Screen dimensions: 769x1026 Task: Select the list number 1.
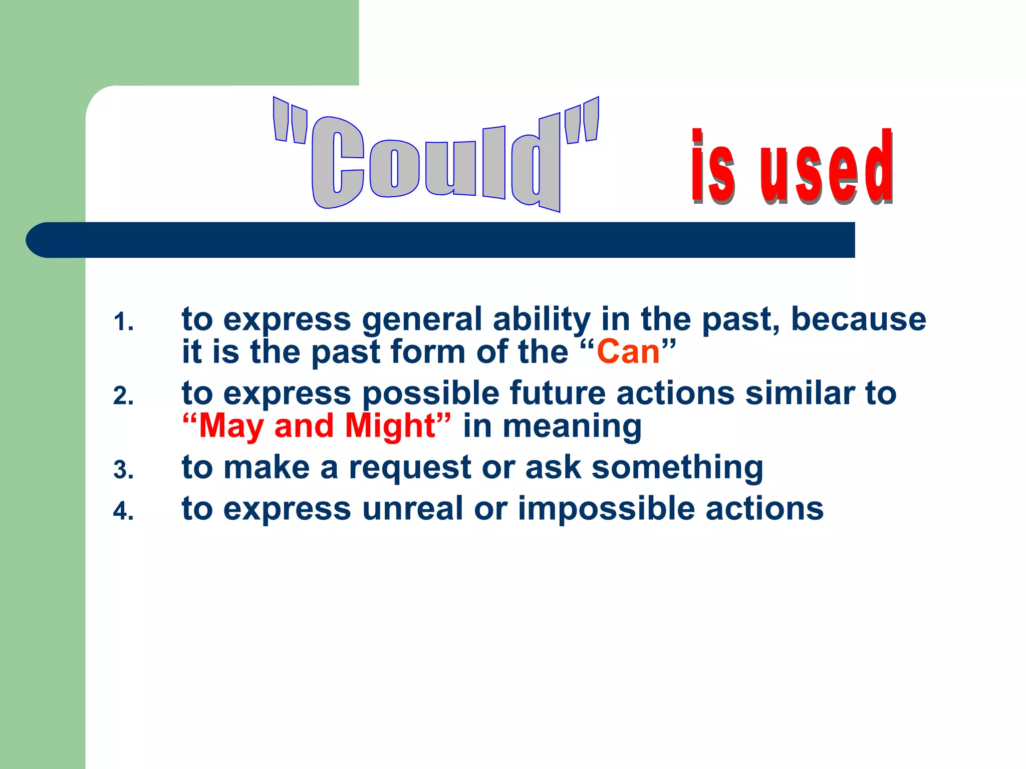pyautogui.click(x=123, y=322)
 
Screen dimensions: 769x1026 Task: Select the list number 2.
pyautogui.click(x=123, y=397)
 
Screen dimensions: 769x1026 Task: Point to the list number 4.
pyautogui.click(x=123, y=512)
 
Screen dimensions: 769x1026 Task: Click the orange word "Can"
pyautogui.click(x=628, y=351)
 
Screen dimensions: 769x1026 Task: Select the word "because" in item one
pyautogui.click(x=858, y=319)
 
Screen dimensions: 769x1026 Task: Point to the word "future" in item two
pyautogui.click(x=558, y=393)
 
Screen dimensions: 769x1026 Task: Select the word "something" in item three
pyautogui.click(x=677, y=468)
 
